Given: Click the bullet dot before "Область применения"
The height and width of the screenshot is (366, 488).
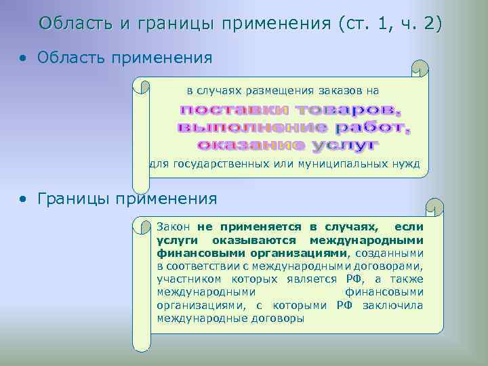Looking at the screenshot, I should pos(23,59).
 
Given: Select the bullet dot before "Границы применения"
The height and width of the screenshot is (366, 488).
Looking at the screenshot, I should pos(23,199).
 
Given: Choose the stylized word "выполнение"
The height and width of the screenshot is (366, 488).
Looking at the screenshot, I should pos(252,127).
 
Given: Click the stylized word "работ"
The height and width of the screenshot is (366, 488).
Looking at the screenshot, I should pos(373,127).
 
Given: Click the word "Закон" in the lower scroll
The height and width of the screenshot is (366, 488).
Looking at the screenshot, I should pos(174,227).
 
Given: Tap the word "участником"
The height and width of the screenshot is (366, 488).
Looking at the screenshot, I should pos(188,279).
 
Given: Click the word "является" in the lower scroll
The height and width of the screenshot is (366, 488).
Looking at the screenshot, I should pos(304,279).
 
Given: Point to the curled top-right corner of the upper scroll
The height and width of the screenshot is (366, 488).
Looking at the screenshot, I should pos(421,68).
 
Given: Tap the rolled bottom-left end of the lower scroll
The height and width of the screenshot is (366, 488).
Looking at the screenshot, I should pos(141,342).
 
